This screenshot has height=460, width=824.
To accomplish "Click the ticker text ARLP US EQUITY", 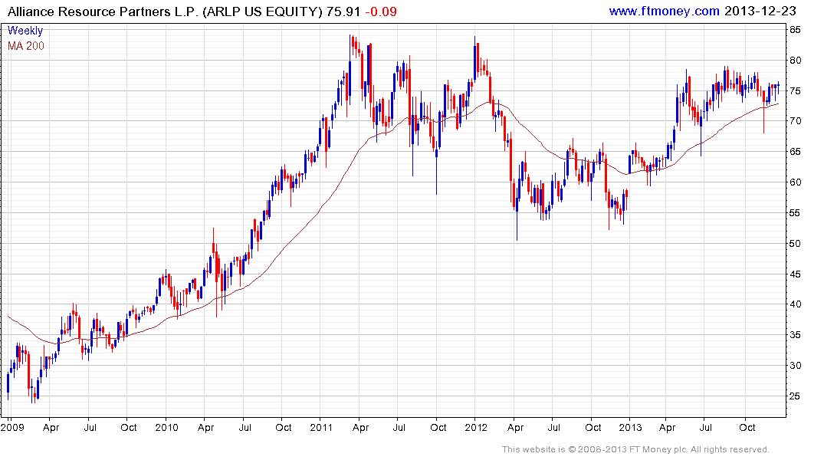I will click(x=264, y=11).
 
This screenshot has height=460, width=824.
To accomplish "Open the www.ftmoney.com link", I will click(x=664, y=11).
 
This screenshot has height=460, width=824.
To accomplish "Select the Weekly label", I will click(x=25, y=31).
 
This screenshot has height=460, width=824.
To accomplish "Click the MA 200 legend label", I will click(x=26, y=46).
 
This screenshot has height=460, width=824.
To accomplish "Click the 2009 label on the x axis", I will click(x=12, y=427).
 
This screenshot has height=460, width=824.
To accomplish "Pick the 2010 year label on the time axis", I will click(x=166, y=427).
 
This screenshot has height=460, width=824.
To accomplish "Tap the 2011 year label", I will click(x=321, y=427).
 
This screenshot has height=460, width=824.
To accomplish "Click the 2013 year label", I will click(x=630, y=427).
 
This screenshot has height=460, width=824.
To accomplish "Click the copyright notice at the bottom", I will click(x=635, y=449).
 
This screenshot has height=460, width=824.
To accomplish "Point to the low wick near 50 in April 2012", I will click(x=517, y=234).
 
